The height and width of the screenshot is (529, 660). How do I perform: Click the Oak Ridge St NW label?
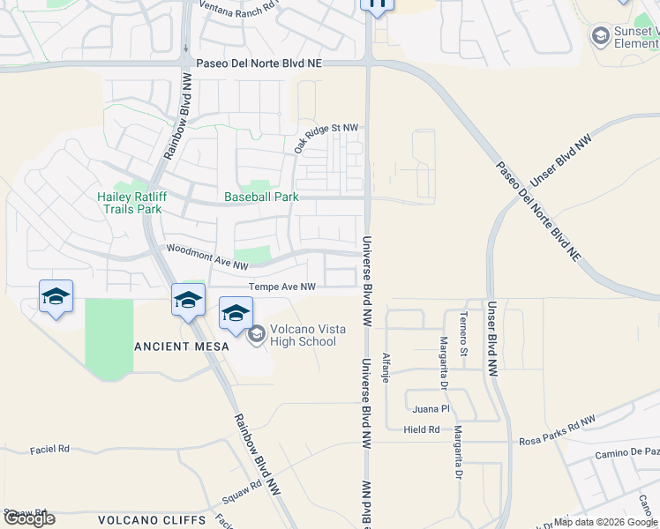(326, 138)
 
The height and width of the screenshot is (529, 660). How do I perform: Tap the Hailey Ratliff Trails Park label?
(131, 203)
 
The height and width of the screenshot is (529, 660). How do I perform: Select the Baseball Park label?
(261, 197)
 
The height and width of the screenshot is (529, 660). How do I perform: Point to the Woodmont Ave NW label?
(207, 257)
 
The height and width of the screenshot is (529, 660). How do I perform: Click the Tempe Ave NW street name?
(281, 287)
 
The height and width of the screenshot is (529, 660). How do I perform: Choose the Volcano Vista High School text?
(303, 336)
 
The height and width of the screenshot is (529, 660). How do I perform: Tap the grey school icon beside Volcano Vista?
(257, 333)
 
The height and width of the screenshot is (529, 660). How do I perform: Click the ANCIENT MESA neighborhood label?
(182, 346)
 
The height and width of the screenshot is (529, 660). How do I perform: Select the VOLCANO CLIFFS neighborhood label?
(152, 519)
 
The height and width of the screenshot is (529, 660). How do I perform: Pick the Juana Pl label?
(431, 409)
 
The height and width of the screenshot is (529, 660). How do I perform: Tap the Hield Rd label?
(422, 429)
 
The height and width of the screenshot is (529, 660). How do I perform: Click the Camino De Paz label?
(626, 451)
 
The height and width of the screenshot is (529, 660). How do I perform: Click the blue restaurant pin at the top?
(377, 5)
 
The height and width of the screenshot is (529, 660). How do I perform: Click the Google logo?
(29, 518)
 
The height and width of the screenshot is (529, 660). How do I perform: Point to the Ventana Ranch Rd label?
(238, 5)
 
